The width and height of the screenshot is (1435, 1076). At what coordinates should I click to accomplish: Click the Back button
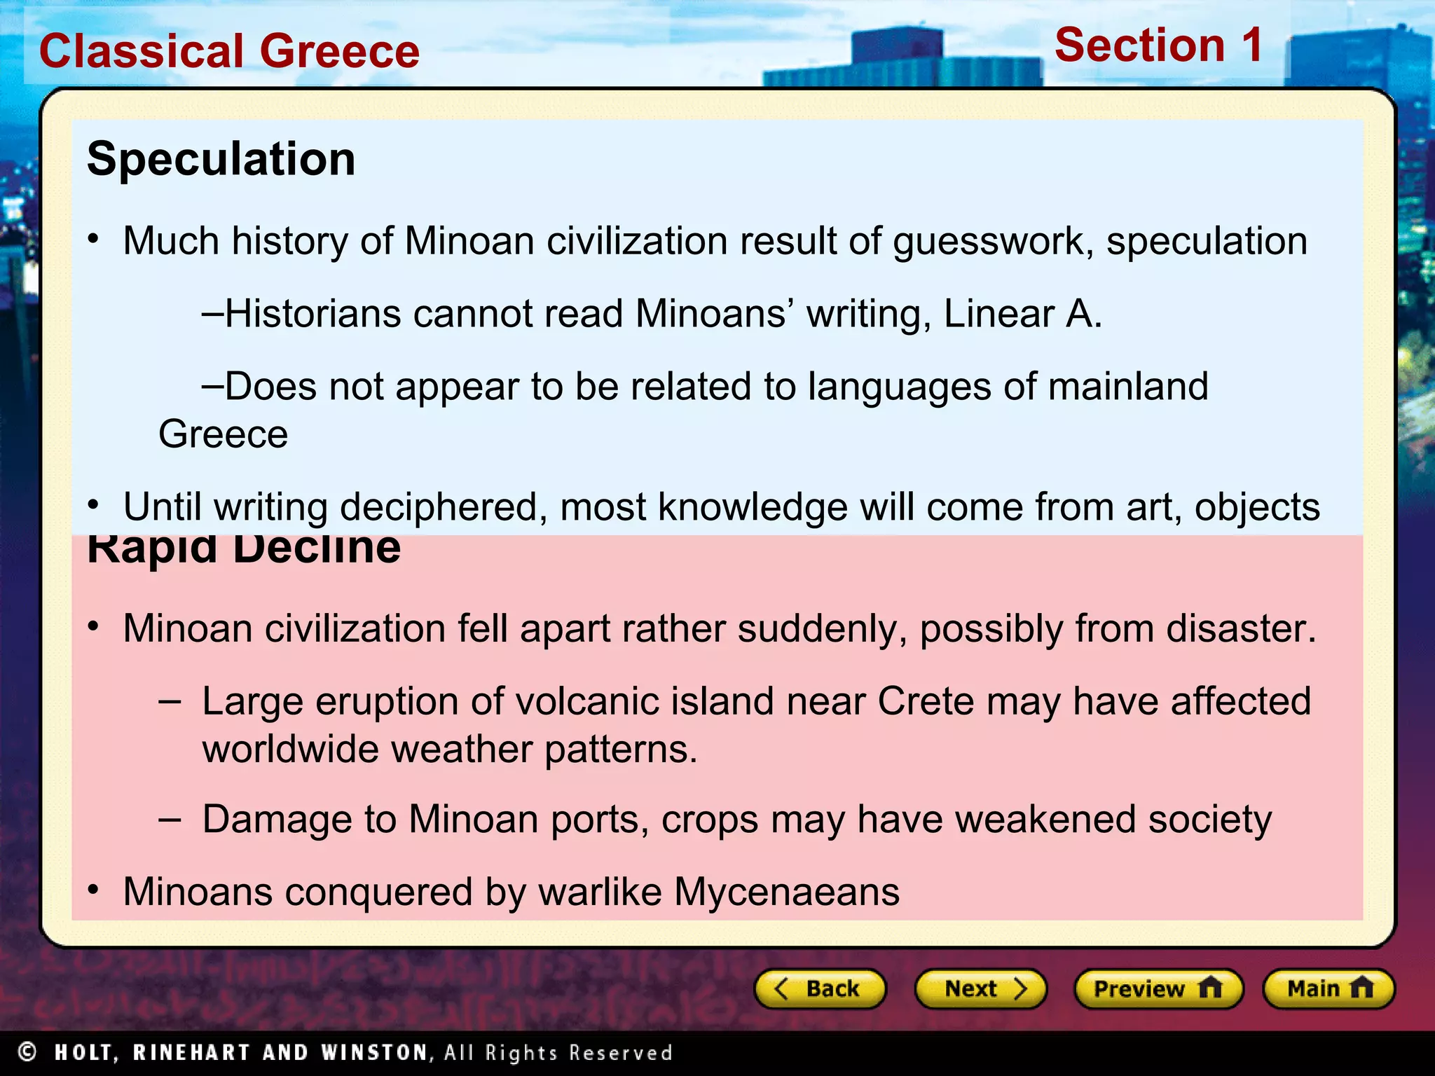[819, 988]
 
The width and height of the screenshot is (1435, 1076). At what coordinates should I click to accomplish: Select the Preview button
[1158, 988]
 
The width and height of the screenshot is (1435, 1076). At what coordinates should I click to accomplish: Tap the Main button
[1328, 988]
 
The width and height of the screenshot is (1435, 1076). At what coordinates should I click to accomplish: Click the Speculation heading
[221, 159]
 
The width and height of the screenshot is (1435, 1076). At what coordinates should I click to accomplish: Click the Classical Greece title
[229, 51]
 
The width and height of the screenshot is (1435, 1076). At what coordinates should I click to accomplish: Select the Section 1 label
[1159, 46]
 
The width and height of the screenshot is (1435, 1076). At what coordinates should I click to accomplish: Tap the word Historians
[313, 313]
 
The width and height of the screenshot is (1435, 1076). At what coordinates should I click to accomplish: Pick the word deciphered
[444, 507]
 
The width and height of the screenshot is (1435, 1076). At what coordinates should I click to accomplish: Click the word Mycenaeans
[786, 892]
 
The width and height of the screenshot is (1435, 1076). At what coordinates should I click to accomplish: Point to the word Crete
[925, 701]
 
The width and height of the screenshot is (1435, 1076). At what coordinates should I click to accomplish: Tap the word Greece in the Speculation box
[223, 434]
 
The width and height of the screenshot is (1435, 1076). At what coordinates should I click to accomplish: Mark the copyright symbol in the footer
[27, 1051]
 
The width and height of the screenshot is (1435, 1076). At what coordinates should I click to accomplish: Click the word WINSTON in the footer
[374, 1052]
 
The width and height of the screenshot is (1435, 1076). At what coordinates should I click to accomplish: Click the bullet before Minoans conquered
[93, 890]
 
